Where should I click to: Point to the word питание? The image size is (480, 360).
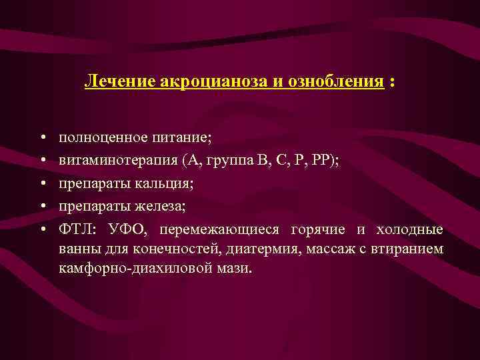(181, 137)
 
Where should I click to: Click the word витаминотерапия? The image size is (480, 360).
(115, 160)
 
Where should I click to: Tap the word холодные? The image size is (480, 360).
(409, 229)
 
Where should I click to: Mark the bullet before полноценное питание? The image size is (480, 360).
(42, 138)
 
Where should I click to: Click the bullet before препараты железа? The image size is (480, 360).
(42, 207)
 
